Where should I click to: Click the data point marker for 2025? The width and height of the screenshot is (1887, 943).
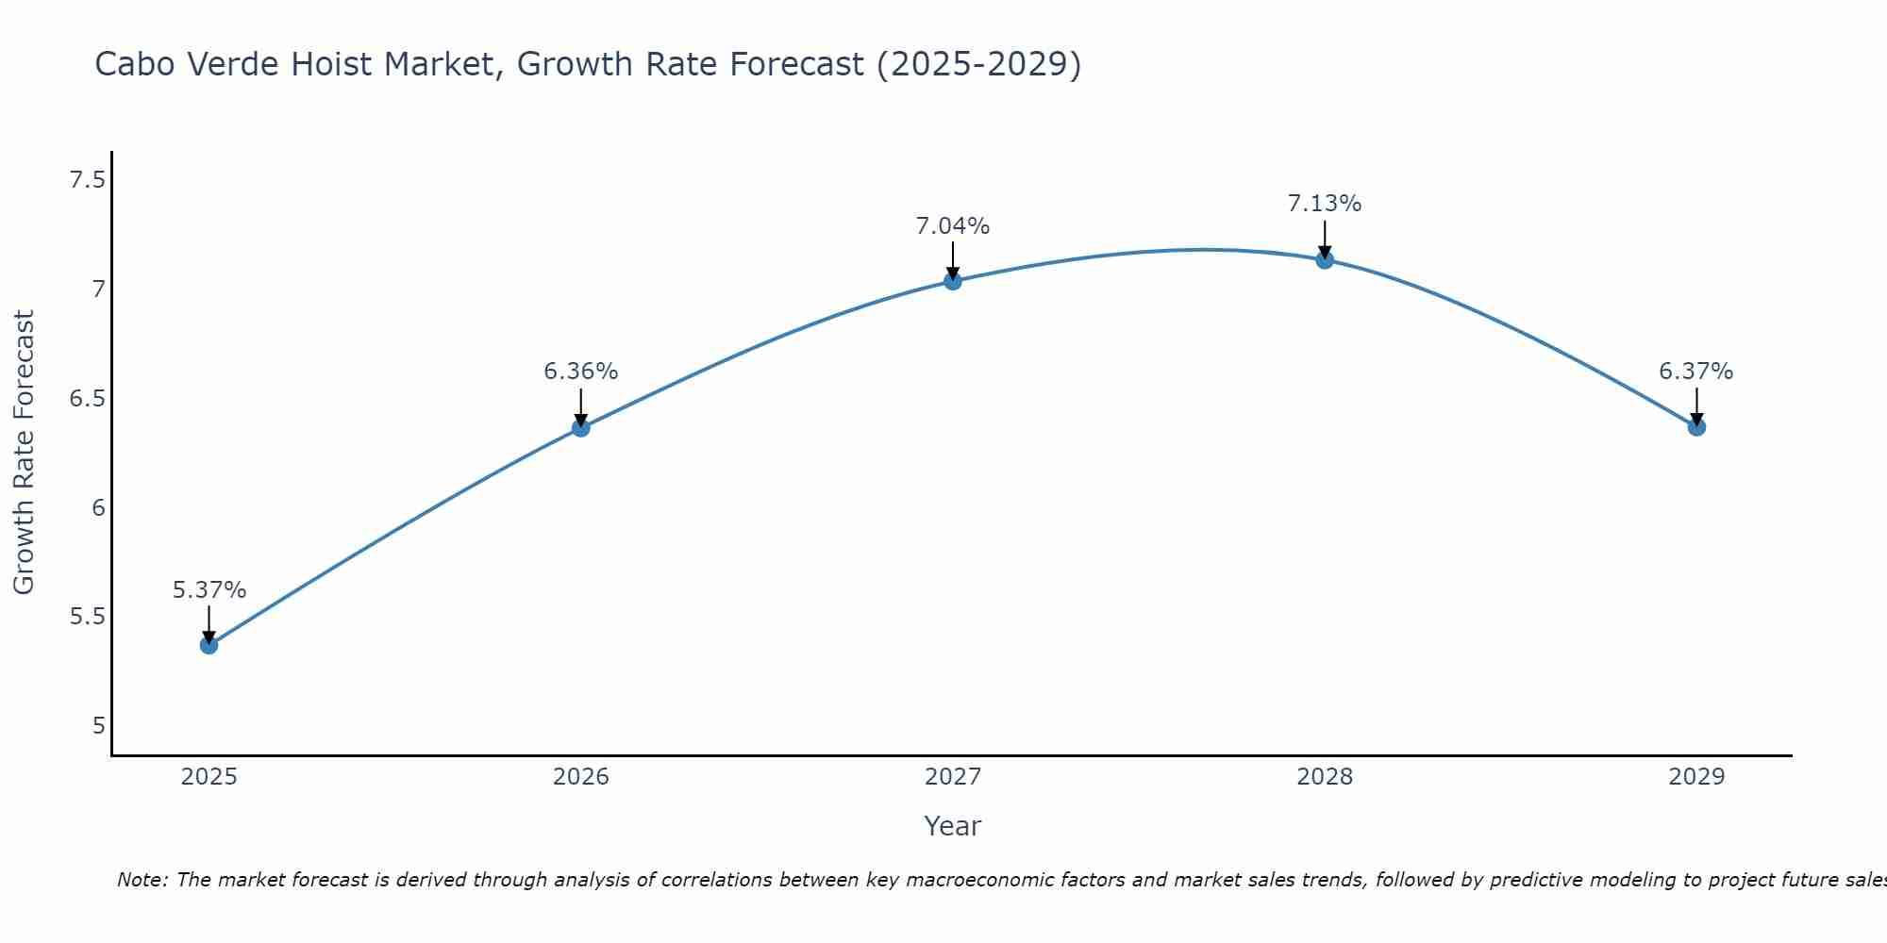pyautogui.click(x=209, y=645)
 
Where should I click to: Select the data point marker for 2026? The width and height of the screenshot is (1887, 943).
pyautogui.click(x=580, y=427)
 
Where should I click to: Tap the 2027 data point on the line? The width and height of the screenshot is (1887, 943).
pyautogui.click(x=952, y=280)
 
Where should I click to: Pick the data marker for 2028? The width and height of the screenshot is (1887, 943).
pyautogui.click(x=1324, y=259)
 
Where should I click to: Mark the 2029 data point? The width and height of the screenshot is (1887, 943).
pyautogui.click(x=1695, y=426)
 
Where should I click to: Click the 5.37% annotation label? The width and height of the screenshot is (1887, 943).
pyautogui.click(x=209, y=590)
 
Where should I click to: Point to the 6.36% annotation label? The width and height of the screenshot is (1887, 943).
pyautogui.click(x=580, y=372)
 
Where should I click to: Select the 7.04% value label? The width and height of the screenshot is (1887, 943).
pyautogui.click(x=952, y=226)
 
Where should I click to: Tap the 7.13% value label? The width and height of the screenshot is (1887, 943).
pyautogui.click(x=1324, y=204)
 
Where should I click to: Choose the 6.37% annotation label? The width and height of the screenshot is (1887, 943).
pyautogui.click(x=1695, y=372)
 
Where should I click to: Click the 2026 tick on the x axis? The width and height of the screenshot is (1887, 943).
pyautogui.click(x=580, y=777)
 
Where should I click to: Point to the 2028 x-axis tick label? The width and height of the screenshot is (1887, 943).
pyautogui.click(x=1324, y=777)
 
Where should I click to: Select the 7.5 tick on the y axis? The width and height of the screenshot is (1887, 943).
pyautogui.click(x=87, y=179)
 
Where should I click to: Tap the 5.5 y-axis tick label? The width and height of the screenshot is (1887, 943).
pyautogui.click(x=87, y=617)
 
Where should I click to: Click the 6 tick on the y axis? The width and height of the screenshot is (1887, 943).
pyautogui.click(x=98, y=507)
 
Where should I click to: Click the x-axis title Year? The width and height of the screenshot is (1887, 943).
pyautogui.click(x=952, y=826)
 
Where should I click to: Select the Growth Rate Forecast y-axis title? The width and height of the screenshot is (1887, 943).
pyautogui.click(x=24, y=453)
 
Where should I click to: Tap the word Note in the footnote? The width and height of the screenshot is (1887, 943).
pyautogui.click(x=141, y=880)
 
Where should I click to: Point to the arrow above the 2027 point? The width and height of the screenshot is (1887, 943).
pyautogui.click(x=952, y=260)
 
